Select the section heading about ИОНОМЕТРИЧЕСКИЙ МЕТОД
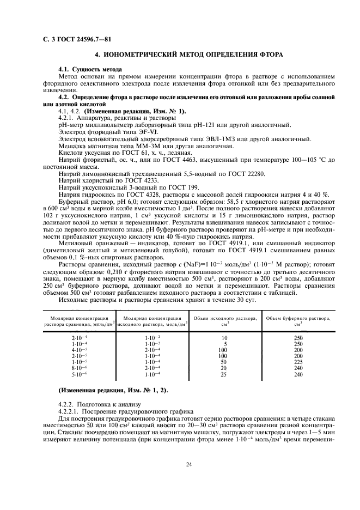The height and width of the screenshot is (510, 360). [188, 56]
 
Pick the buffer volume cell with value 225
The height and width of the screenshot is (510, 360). [298, 361]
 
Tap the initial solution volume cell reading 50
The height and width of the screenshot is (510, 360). [223, 361]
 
